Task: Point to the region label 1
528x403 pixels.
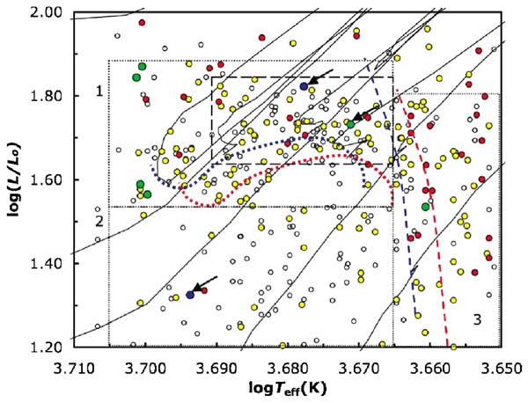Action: (99, 92)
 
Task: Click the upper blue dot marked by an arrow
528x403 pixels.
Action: (304, 86)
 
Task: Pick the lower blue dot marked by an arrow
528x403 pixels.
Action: (190, 295)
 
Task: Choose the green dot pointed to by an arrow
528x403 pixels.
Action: (350, 124)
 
